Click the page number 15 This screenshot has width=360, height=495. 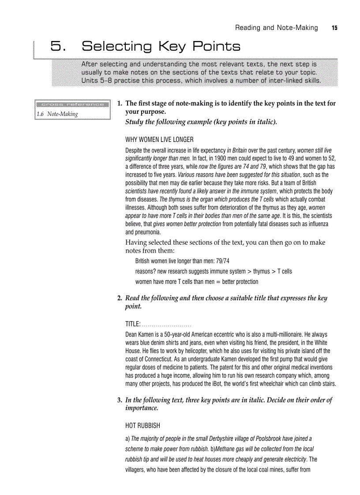[334, 28]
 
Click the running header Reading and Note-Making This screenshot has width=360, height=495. [276, 28]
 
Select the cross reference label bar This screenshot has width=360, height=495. [72, 104]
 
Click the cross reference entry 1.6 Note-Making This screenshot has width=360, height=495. [57, 114]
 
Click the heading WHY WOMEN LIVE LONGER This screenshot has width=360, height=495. [159, 140]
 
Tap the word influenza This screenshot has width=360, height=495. [316, 224]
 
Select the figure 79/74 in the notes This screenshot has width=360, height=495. [220, 261]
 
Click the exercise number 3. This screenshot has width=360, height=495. [120, 400]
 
